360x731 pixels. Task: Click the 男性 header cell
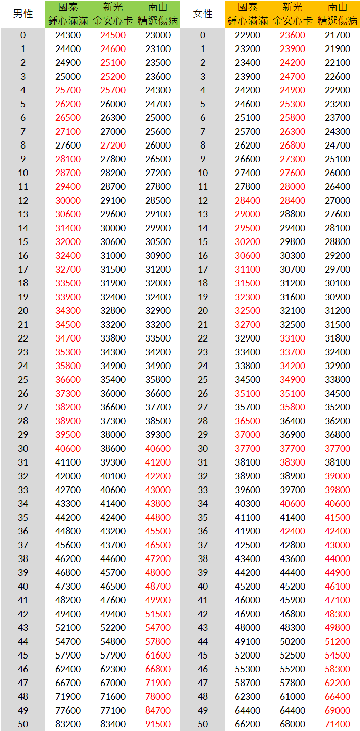point(22,14)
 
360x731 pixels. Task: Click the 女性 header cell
point(203,14)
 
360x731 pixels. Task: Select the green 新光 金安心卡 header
point(113,14)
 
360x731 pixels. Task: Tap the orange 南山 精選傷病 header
point(338,14)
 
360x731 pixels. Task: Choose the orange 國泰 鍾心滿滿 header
point(248,14)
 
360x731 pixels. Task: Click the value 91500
point(158,724)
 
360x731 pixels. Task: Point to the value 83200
point(68,724)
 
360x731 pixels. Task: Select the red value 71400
point(338,724)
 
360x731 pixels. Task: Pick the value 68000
point(293,724)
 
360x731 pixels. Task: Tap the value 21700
point(338,35)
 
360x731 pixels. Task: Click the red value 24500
point(113,35)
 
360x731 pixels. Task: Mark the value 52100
point(68,627)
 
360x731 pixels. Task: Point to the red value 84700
point(158,710)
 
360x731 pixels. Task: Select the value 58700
point(248,683)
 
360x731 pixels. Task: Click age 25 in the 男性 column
point(23,379)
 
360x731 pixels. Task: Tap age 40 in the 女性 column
point(203,586)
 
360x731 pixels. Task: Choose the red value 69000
point(338,710)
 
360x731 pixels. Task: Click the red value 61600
point(158,655)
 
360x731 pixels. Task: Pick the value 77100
point(113,710)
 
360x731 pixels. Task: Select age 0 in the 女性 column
point(203,35)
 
